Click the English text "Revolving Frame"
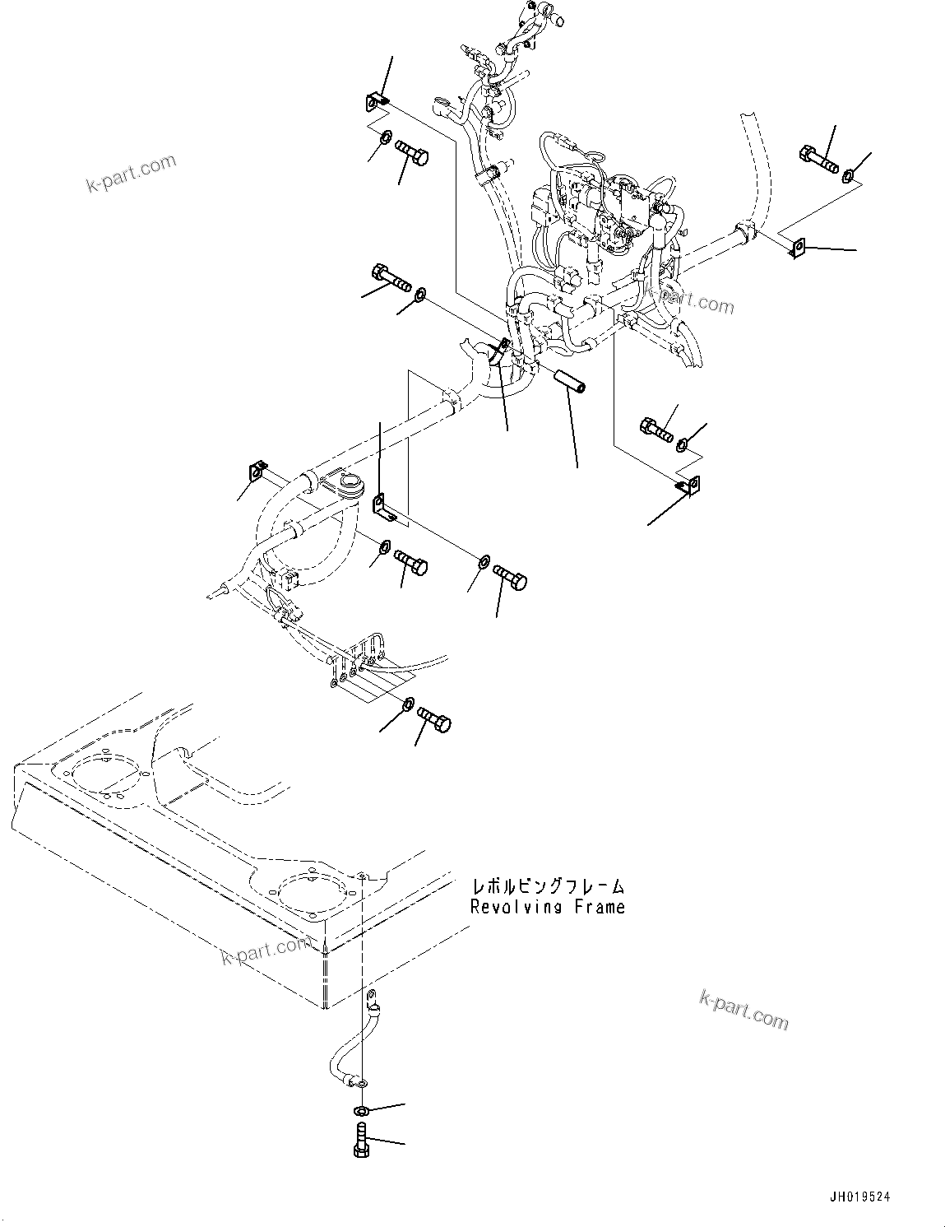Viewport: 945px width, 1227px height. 547,907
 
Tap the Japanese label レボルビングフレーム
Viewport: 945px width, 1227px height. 547,886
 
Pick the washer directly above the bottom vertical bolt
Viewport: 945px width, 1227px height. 362,1111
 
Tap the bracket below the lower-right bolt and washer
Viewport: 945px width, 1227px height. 688,486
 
